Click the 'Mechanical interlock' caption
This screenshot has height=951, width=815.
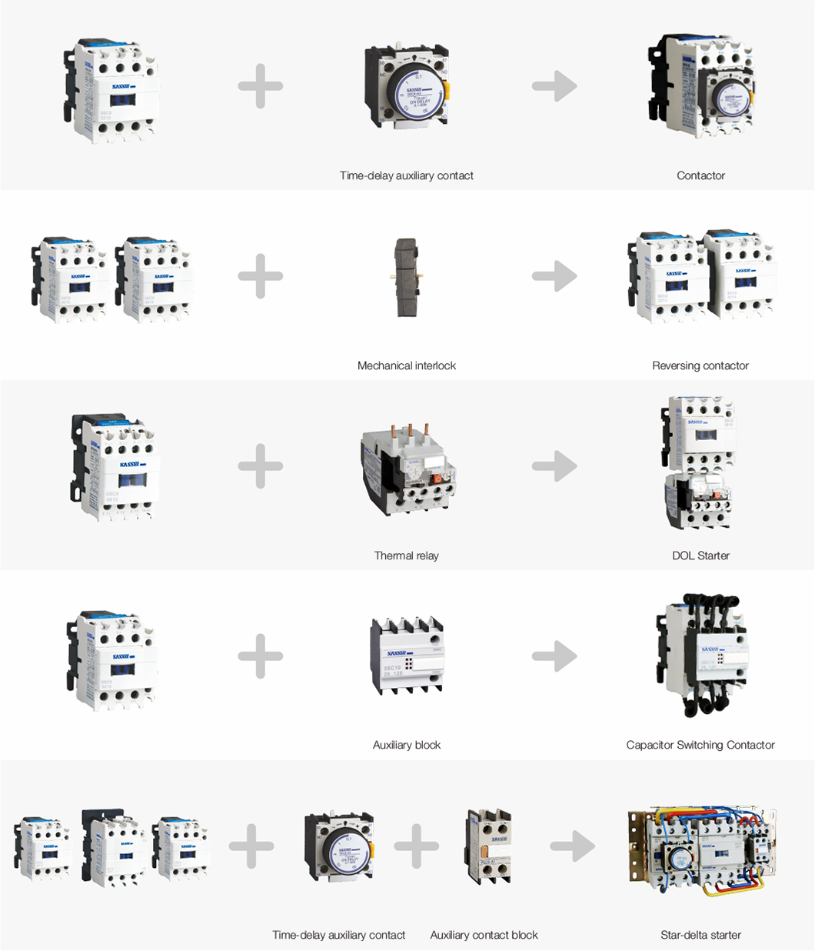(x=406, y=365)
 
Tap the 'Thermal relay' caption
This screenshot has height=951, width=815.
(x=406, y=556)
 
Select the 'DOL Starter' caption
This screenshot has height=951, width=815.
(x=700, y=556)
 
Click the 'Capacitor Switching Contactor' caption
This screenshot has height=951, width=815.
(x=700, y=745)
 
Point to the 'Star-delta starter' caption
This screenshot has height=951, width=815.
(x=700, y=935)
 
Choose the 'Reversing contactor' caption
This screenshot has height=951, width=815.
(x=700, y=365)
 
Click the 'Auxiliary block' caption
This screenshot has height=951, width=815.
(x=406, y=745)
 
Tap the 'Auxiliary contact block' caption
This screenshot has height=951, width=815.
(x=484, y=935)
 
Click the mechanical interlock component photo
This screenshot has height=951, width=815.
(x=406, y=277)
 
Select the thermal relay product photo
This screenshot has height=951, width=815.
(x=406, y=467)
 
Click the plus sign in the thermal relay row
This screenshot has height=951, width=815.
(x=261, y=466)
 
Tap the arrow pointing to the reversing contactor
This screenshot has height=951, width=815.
(x=554, y=276)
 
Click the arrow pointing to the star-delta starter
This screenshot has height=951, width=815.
(x=573, y=847)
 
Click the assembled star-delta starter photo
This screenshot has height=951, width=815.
(x=700, y=851)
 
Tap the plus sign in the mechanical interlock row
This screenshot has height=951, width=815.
(x=261, y=276)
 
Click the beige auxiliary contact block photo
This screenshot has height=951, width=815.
(x=488, y=846)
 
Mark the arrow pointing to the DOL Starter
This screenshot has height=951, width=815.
(x=554, y=466)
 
